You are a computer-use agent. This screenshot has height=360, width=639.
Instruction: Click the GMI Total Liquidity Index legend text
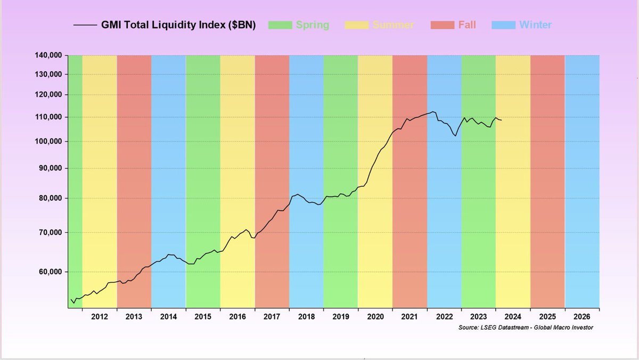pyautogui.click(x=178, y=25)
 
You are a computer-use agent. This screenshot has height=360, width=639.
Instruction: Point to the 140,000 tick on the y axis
pyautogui.click(x=47, y=55)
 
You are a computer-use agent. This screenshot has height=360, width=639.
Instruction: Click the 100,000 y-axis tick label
pyautogui.click(x=47, y=142)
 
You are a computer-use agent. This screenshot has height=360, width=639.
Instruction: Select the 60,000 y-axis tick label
pyautogui.click(x=49, y=272)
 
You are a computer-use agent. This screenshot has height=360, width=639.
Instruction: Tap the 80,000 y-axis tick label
pyautogui.click(x=49, y=198)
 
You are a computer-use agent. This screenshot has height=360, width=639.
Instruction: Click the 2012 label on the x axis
pyautogui.click(x=100, y=317)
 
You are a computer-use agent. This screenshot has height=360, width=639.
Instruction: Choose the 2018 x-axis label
pyautogui.click(x=306, y=317)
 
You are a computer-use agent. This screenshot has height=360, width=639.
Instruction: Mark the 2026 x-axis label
pyautogui.click(x=582, y=317)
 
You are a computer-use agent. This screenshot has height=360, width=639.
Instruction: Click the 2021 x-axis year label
pyautogui.click(x=409, y=317)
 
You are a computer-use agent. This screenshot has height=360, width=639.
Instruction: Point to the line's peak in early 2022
pyautogui.click(x=433, y=112)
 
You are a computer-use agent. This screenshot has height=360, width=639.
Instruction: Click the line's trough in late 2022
pyautogui.click(x=456, y=136)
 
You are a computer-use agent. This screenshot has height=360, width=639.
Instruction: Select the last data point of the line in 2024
pyautogui.click(x=501, y=120)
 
